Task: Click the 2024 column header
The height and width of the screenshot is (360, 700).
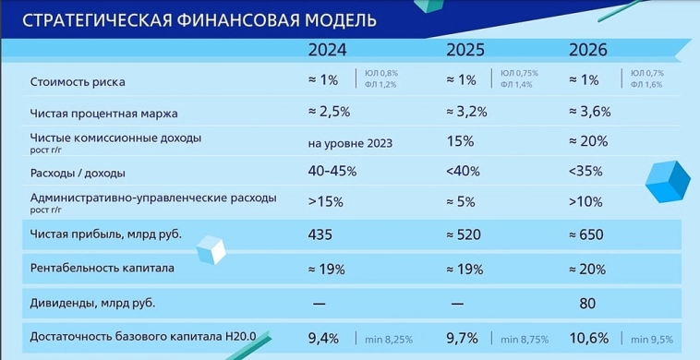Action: pos(329,51)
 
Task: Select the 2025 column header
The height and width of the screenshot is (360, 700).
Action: pos(467,51)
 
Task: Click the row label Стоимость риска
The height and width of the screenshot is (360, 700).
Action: pos(78,81)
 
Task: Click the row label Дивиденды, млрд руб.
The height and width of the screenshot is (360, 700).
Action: pos(93,302)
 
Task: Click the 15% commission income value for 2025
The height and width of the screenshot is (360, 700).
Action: pos(459,142)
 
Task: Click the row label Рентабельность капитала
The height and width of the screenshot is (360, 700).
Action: pos(103,269)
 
